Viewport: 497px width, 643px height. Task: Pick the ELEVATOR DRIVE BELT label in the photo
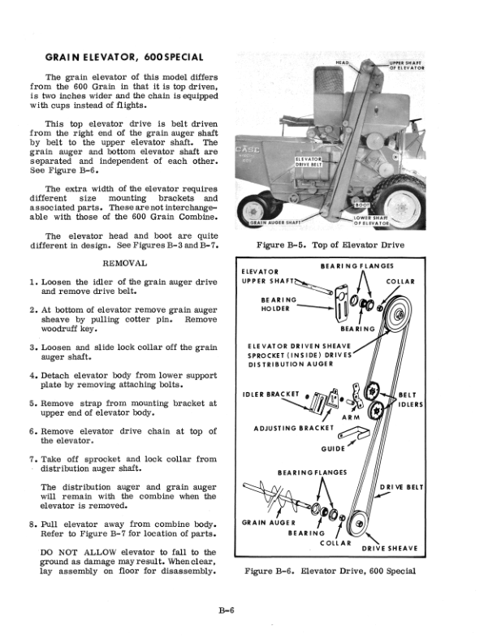pyautogui.click(x=310, y=162)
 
